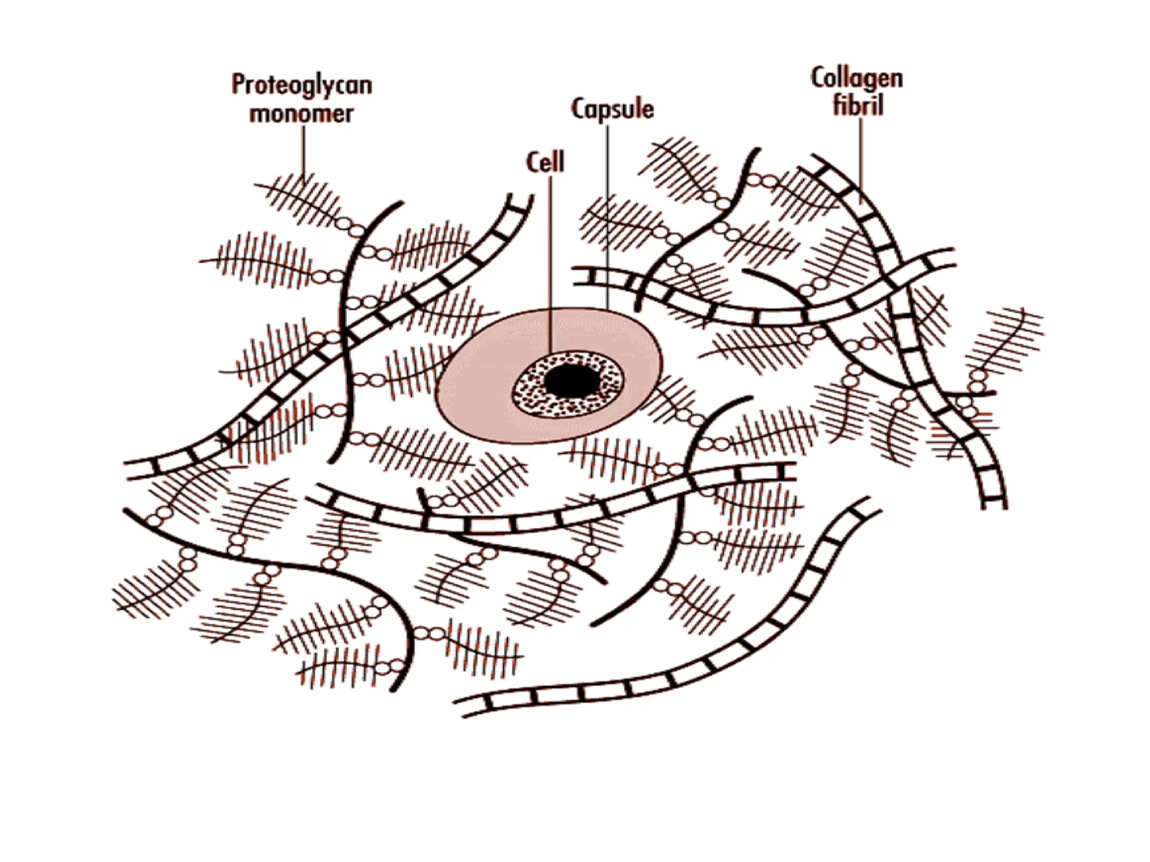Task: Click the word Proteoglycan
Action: (302, 85)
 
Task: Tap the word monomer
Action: (302, 114)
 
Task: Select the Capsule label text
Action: (613, 109)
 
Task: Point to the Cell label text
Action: (545, 163)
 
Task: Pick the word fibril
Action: (858, 106)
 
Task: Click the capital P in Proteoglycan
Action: (239, 85)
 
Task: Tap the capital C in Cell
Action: (532, 163)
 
